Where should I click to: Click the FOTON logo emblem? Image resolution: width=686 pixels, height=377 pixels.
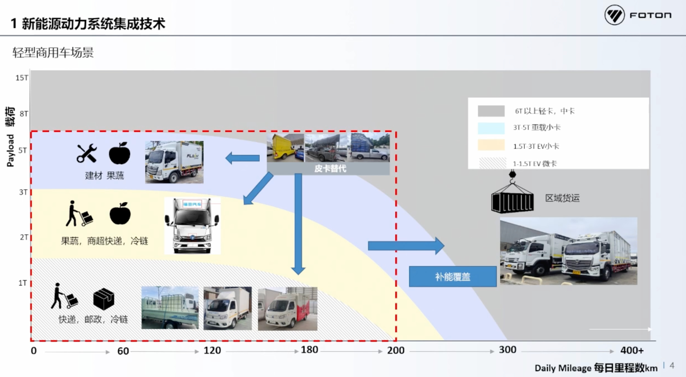(x=614, y=15)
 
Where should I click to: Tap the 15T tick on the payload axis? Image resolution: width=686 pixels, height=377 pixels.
(x=22, y=78)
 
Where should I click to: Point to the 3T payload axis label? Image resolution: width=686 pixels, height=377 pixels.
(x=23, y=192)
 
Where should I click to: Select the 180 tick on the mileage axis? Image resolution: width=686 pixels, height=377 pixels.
(x=309, y=350)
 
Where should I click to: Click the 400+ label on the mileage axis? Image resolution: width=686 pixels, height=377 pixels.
(x=632, y=350)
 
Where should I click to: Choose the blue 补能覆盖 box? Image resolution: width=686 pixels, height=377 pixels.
(x=453, y=276)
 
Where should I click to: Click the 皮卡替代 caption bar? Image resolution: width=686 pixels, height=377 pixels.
(x=330, y=168)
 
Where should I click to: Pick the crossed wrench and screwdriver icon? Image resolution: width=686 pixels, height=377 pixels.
(x=87, y=153)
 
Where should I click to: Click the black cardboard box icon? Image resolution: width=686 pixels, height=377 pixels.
(x=103, y=299)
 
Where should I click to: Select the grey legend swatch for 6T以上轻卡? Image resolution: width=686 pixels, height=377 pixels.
(x=491, y=111)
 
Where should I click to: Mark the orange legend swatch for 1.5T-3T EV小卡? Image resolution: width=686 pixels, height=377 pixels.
(x=491, y=145)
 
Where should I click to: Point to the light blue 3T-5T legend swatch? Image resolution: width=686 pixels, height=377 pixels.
(x=491, y=128)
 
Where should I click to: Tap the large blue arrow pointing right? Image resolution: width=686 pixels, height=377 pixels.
(x=406, y=246)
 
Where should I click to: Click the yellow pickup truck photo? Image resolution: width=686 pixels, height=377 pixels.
(x=286, y=147)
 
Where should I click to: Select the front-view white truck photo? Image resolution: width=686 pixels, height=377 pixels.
(x=192, y=226)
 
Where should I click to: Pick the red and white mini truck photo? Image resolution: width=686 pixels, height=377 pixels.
(x=287, y=309)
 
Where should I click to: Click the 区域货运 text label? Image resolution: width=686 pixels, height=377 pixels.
(x=562, y=198)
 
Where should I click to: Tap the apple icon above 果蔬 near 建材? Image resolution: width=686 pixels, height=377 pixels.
(x=120, y=153)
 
